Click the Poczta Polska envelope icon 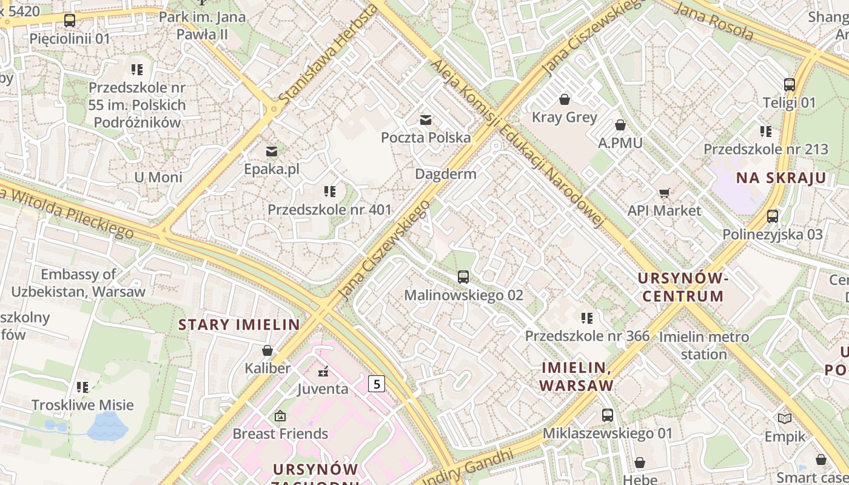[x=426, y=119]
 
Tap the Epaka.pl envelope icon [x=271, y=151]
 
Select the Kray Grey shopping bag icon [x=565, y=99]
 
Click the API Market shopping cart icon [x=664, y=193]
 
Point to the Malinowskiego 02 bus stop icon [x=463, y=277]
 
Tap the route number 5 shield [x=377, y=383]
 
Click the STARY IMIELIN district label [x=239, y=324]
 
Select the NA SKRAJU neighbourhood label [x=781, y=178]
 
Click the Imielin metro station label [x=703, y=345]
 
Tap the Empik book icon [x=785, y=418]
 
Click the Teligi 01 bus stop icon [x=789, y=85]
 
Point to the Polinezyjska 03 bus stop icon [x=773, y=216]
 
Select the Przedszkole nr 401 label [x=330, y=210]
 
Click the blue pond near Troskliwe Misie [x=107, y=426]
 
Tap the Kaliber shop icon [x=267, y=350]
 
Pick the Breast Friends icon [x=280, y=416]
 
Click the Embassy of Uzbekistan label [x=78, y=283]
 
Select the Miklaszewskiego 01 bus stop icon [x=607, y=415]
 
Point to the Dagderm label [x=446, y=174]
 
